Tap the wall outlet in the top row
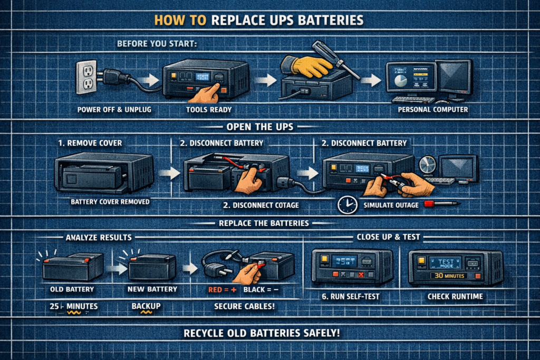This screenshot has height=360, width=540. (86, 77)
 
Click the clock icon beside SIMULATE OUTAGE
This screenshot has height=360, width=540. (348, 205)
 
